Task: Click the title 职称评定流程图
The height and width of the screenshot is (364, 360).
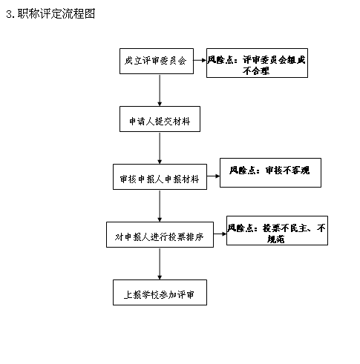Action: coord(56,14)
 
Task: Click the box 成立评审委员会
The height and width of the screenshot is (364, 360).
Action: coord(157,61)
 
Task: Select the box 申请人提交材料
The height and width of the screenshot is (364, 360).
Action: coord(160,119)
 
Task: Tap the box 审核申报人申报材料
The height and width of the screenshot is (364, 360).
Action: coord(160,176)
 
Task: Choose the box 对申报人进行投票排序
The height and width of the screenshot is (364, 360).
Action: coord(160,234)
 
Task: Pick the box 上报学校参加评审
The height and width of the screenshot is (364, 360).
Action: coord(160,292)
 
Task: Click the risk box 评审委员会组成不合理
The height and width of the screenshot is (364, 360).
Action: coord(257,63)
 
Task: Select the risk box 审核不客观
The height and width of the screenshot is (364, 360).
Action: coord(270,173)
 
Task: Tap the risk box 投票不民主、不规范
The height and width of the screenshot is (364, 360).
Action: coord(277,231)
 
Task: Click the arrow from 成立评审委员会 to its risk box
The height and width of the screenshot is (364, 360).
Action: coord(200,60)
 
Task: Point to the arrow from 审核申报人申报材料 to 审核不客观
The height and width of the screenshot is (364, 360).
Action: coord(213,176)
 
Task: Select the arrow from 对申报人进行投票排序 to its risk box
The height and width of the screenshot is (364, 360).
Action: coord(220,234)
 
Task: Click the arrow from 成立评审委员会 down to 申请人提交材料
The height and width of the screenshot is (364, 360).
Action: coord(160,90)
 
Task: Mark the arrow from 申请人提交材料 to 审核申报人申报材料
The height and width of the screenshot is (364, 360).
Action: coord(160,148)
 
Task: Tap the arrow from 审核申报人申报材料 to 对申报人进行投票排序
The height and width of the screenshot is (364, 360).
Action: coord(160,206)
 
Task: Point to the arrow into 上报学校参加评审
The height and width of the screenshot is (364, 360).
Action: coord(160,264)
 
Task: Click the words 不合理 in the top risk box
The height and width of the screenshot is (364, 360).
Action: coord(256,71)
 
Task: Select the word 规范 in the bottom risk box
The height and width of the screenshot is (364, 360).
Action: coord(275,239)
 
